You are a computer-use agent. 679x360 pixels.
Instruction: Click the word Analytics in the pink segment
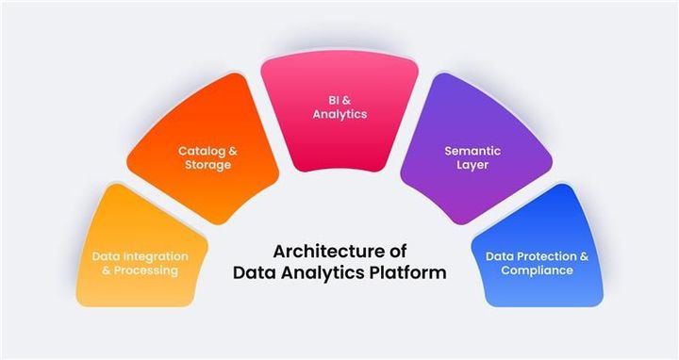click(x=339, y=114)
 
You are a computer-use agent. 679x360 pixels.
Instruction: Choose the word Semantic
click(x=472, y=151)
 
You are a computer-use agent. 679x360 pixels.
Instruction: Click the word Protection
click(x=543, y=255)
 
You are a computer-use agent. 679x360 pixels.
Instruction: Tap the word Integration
click(x=154, y=255)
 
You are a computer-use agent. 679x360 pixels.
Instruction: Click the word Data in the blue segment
click(x=499, y=255)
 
